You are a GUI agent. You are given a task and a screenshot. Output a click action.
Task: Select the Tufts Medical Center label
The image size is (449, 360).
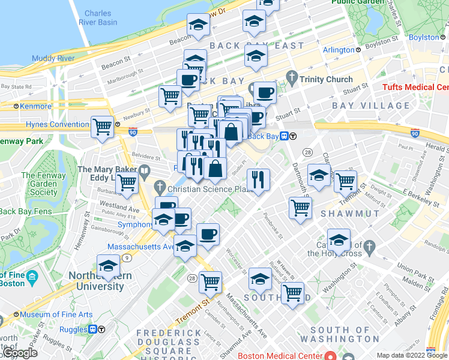pyautogui.click(x=416, y=88)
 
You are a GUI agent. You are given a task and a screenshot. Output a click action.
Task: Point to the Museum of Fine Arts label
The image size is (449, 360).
pyautogui.click(x=56, y=314)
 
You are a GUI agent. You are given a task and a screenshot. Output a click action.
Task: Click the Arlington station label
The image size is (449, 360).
pyautogui.click(x=339, y=50)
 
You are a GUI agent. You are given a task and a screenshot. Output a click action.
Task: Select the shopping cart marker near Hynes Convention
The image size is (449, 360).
pyautogui.click(x=103, y=126)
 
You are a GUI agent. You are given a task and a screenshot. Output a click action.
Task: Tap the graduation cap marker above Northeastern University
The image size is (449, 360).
pyautogui.click(x=109, y=265)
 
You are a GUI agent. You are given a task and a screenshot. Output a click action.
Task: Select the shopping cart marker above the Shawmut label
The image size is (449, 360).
pyautogui.click(x=300, y=208)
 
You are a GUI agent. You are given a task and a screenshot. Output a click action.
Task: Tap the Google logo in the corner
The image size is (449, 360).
pyautogui.click(x=19, y=353)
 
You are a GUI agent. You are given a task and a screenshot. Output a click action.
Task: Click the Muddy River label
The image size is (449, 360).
pyautogui.click(x=53, y=58)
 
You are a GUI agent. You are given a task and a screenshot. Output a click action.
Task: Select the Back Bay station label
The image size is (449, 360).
pyautogui.click(x=264, y=136)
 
